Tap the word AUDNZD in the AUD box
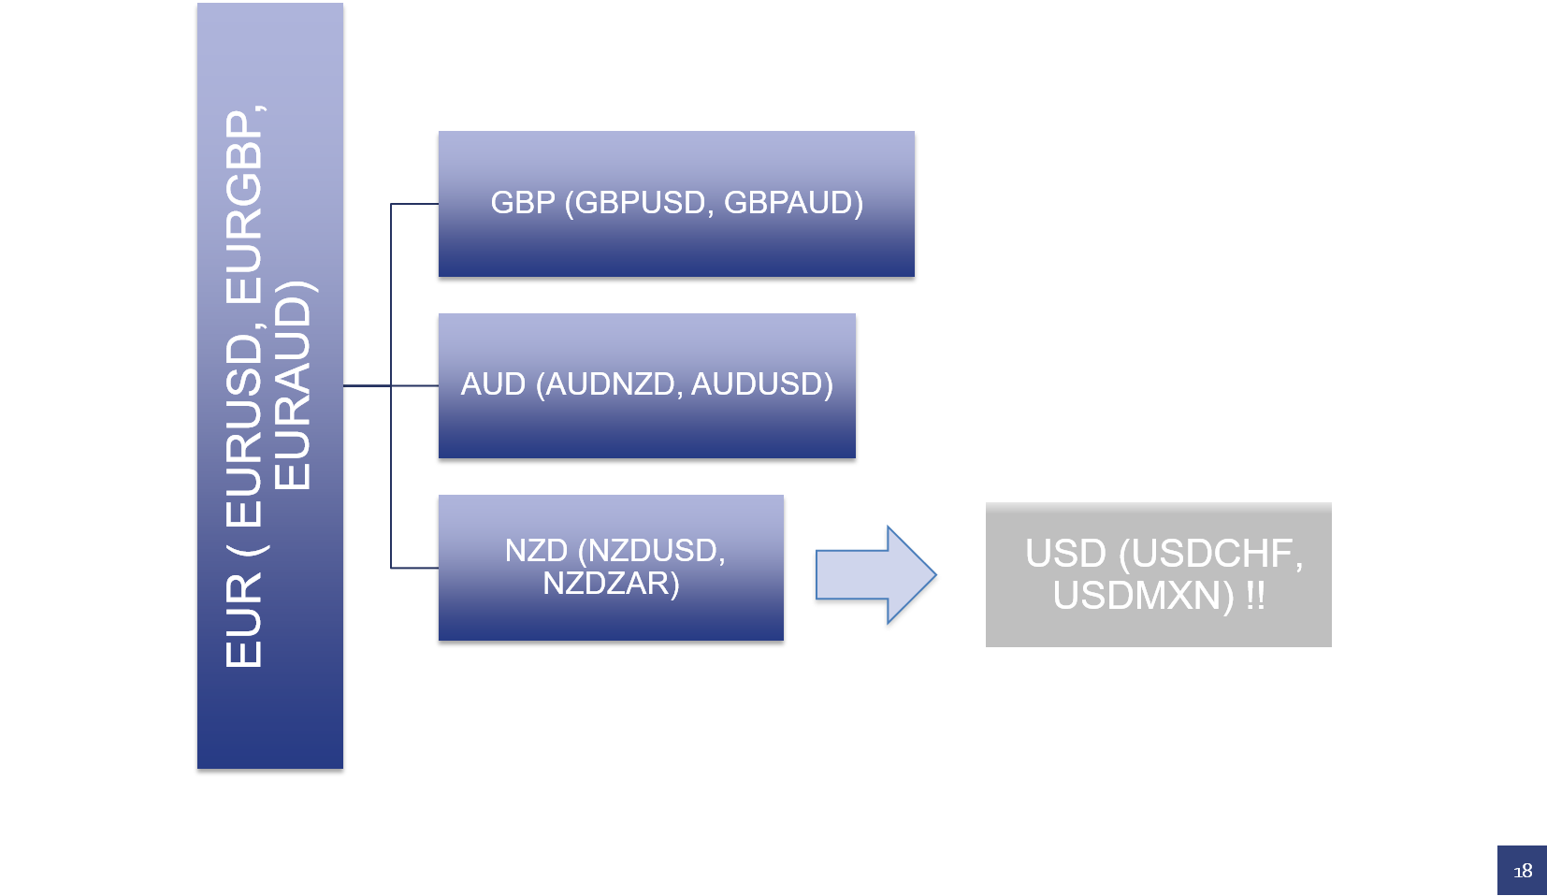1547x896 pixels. [609, 384]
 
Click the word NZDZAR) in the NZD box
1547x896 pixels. [611, 584]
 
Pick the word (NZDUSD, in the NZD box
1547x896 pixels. [651, 550]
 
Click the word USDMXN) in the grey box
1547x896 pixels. [1143, 596]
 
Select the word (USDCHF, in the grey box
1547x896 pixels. [1211, 554]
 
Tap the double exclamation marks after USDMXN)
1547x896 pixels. [1255, 596]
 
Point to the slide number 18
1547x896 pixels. [1523, 871]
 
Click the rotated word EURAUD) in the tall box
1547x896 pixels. [292, 384]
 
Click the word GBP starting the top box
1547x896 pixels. [523, 203]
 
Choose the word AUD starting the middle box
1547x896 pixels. [493, 384]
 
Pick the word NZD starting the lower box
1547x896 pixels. [536, 550]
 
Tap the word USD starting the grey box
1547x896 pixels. [1065, 554]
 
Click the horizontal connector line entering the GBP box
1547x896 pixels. [414, 204]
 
